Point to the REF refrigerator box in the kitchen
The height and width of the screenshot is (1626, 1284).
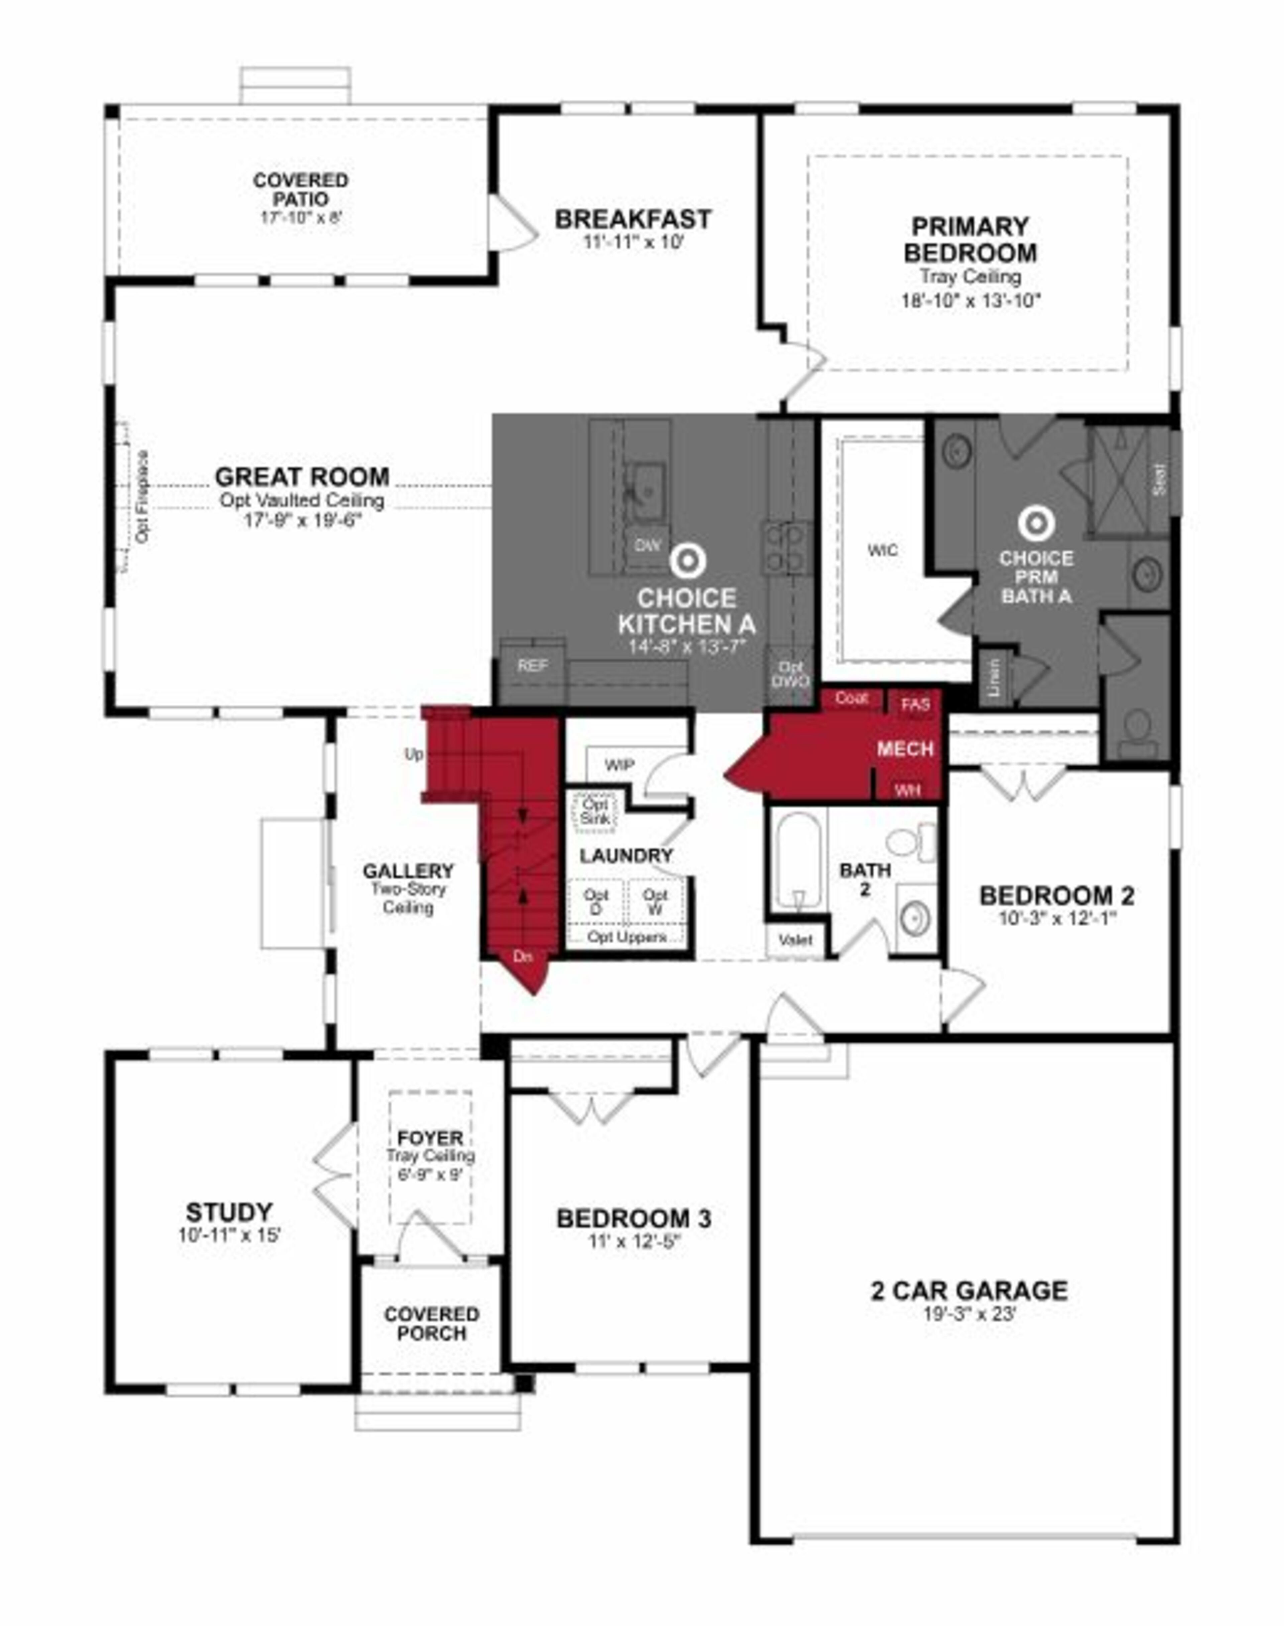tap(532, 666)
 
